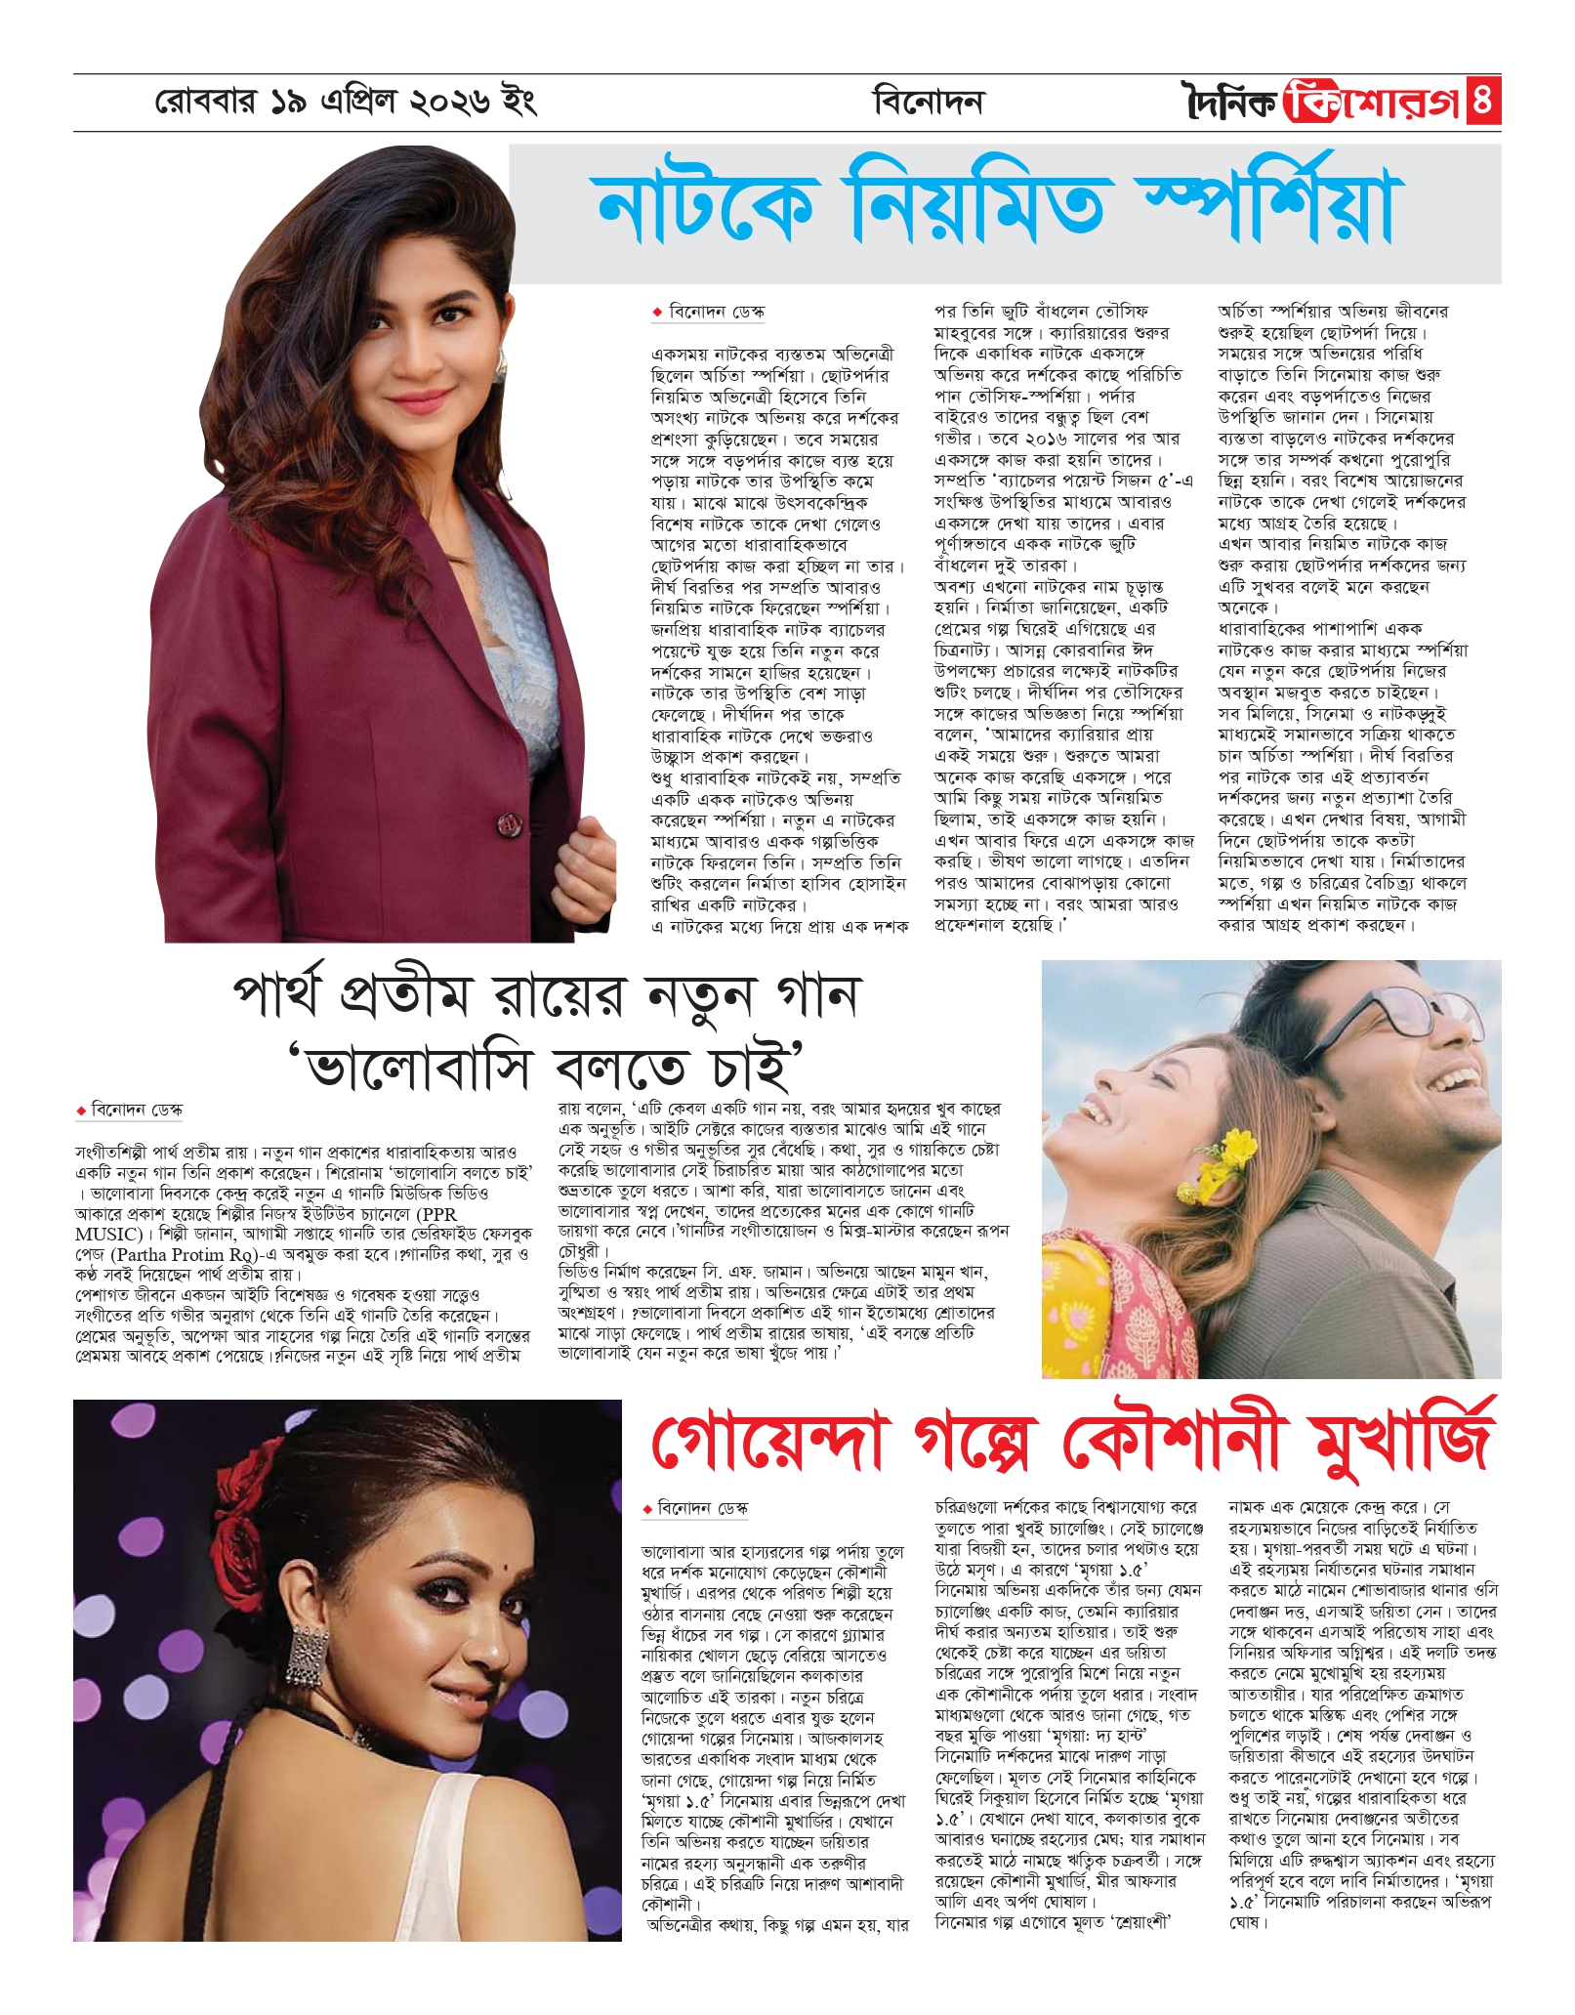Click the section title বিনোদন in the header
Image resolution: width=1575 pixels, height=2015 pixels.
pos(929,102)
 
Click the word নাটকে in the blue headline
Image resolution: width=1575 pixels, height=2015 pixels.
pos(706,210)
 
